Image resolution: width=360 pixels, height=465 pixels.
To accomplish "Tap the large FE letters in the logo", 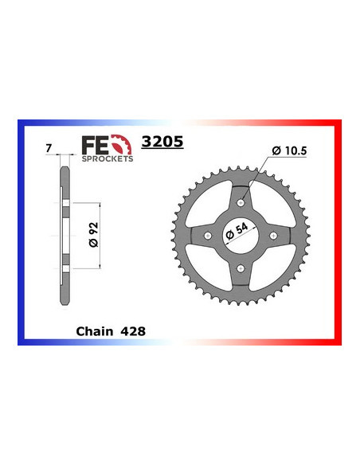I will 93,145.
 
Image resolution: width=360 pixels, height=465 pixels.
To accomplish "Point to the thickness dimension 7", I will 49,147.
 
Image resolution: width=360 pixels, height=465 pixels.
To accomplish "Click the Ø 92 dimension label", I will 91,235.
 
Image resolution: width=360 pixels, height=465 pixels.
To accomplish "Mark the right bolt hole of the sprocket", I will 272,236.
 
